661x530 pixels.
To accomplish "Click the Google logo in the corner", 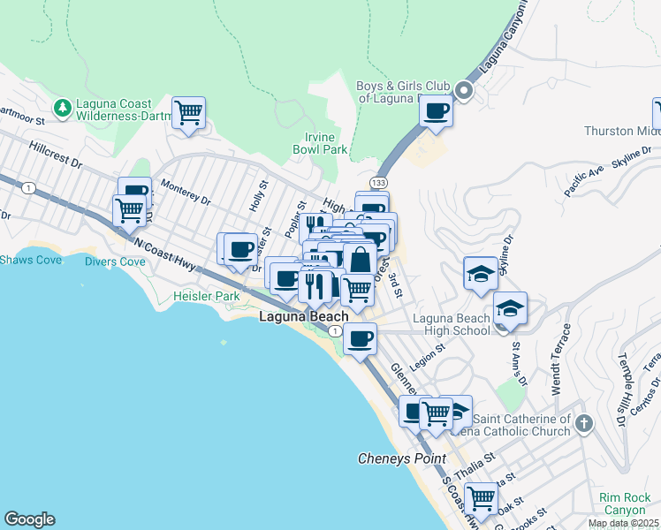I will pyautogui.click(x=29, y=519).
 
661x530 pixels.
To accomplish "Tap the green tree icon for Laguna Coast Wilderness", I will pyautogui.click(x=63, y=108).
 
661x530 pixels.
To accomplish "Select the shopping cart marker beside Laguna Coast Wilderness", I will pyautogui.click(x=188, y=113).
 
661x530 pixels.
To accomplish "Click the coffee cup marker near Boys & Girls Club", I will pyautogui.click(x=436, y=111).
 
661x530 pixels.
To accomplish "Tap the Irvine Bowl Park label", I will pyautogui.click(x=320, y=143).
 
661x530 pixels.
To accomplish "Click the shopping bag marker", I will pyautogui.click(x=360, y=260).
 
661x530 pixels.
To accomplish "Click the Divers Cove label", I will pyautogui.click(x=115, y=261).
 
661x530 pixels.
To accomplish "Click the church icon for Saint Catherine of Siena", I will pyautogui.click(x=582, y=424).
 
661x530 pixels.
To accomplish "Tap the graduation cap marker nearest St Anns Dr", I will pyautogui.click(x=510, y=308).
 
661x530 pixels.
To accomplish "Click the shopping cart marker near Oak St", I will pyautogui.click(x=481, y=498).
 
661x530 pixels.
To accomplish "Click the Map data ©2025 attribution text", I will pyautogui.click(x=622, y=523).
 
